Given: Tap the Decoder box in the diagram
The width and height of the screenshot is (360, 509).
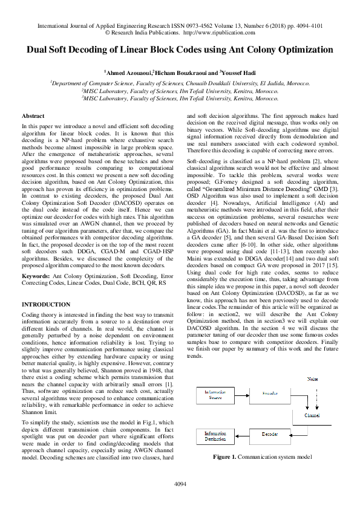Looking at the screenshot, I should [x=270, y=434].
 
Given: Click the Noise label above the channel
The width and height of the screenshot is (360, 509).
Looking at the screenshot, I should [x=312, y=379].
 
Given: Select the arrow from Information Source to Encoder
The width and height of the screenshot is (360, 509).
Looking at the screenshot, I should [x=240, y=395].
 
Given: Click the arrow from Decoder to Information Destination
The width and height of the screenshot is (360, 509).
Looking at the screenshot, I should [x=241, y=435].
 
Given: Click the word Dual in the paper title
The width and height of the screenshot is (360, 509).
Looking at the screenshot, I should [x=41, y=50].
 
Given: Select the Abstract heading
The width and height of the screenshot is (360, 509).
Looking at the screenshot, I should [x=33, y=115].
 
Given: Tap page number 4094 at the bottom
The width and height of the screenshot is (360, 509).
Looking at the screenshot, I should [x=180, y=484].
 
